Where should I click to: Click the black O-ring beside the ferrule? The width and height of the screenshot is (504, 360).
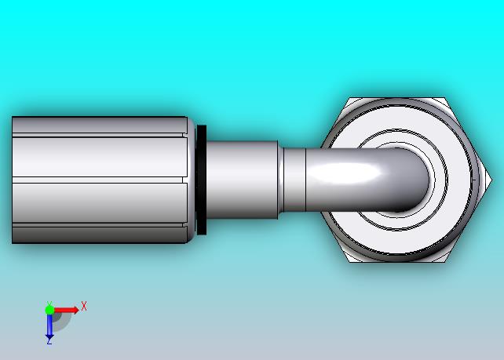(201, 180)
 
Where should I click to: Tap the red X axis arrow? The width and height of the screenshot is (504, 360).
(66, 311)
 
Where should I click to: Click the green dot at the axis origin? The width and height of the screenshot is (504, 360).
(49, 310)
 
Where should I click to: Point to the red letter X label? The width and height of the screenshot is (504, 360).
(84, 306)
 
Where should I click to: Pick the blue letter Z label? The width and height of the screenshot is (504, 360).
(49, 343)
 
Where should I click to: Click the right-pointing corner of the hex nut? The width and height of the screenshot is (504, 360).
(491, 180)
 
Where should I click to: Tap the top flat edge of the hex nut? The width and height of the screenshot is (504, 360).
(397, 97)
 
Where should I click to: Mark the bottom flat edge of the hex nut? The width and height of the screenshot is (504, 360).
(397, 262)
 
